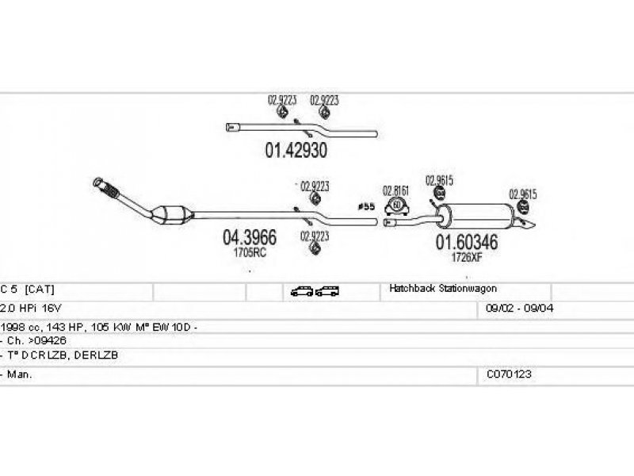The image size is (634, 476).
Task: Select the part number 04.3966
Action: [x=249, y=236]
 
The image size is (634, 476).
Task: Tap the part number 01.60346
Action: [x=465, y=241]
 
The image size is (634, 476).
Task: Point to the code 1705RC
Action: [x=249, y=252]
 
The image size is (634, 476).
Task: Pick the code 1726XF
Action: [x=465, y=256]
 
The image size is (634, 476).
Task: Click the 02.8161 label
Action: [x=395, y=190]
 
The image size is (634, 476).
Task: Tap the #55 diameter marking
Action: [x=366, y=207]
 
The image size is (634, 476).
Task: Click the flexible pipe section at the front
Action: [x=107, y=189]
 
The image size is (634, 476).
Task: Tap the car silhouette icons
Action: [x=315, y=291]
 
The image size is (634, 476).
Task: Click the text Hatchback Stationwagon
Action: [x=442, y=289]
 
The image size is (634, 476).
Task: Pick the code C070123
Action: [x=509, y=373]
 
